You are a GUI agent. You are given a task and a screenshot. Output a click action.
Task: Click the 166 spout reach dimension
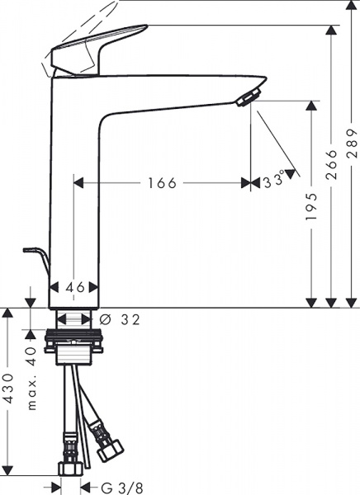(x=162, y=183)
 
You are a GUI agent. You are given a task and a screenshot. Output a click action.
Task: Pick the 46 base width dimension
(x=75, y=288)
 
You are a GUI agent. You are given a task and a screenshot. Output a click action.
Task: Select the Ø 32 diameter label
(x=120, y=318)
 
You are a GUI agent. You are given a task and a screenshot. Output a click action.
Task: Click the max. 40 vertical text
(x=31, y=371)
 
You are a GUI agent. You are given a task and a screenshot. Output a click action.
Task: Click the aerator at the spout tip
(x=246, y=98)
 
